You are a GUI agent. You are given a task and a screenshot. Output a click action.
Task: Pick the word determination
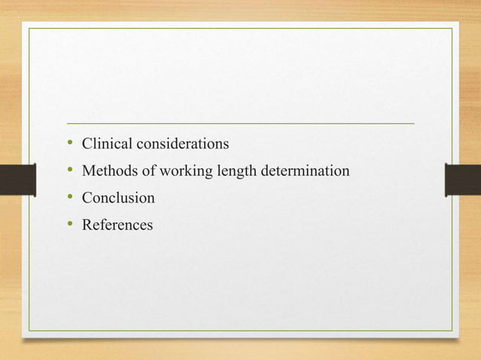coord(305,172)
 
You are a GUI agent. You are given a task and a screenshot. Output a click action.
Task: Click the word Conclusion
coord(118,199)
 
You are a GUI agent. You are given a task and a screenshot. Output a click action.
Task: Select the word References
coord(117,225)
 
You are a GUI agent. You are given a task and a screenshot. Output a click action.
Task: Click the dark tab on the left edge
coord(17,180)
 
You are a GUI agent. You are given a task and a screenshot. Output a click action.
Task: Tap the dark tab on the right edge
coord(463,180)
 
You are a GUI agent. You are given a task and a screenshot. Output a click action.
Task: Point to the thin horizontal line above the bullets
coord(240,122)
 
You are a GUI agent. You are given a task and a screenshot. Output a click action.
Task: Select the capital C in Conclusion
coord(87,199)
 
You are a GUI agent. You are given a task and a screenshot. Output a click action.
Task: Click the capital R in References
coord(87,225)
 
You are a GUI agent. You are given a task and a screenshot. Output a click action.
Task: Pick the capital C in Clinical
coord(87,143)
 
